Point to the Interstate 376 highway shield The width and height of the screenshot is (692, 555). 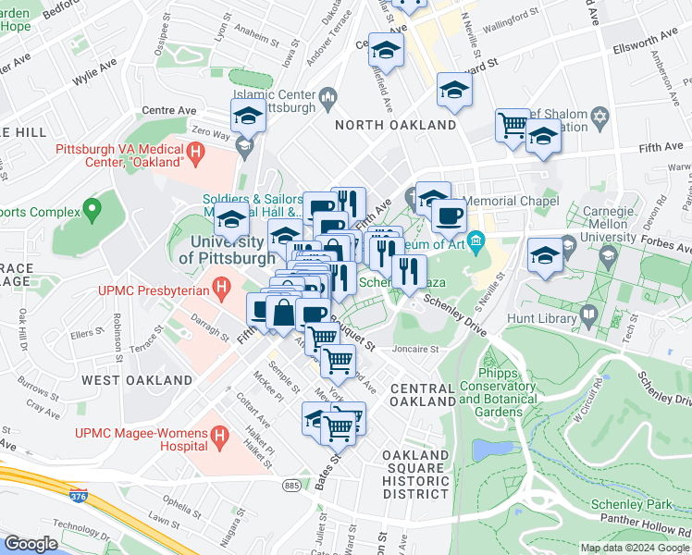click(x=80, y=497)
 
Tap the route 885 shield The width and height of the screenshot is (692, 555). click(x=292, y=485)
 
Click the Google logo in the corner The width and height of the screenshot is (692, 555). click(x=31, y=544)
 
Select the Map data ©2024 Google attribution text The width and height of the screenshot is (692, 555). click(x=634, y=548)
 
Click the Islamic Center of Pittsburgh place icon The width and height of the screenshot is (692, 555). click(x=327, y=95)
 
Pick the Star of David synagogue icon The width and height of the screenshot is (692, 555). click(x=599, y=118)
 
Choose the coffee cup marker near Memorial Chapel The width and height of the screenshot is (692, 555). click(x=449, y=215)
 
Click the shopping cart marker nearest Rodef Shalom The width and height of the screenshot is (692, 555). click(x=513, y=122)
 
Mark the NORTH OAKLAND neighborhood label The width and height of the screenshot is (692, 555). click(x=395, y=125)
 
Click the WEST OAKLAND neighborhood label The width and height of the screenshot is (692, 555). click(x=137, y=380)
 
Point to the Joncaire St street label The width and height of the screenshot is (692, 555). click(x=414, y=350)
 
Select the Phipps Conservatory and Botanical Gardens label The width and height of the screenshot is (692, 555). click(x=502, y=393)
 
